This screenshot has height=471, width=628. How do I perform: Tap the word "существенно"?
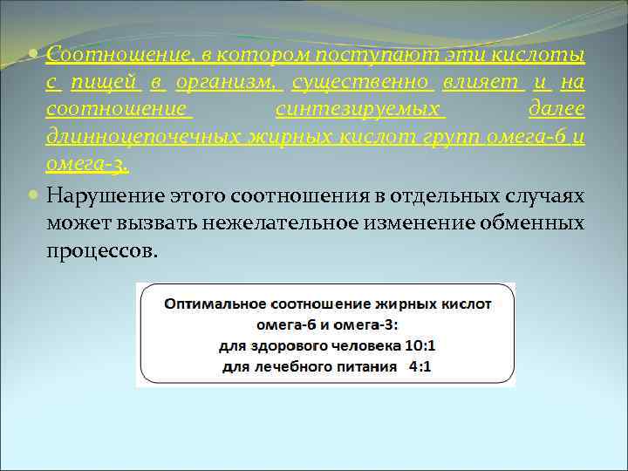(362, 84)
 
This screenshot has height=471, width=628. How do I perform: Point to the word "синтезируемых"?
(359, 111)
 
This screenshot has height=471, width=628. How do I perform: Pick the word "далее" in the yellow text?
(556, 111)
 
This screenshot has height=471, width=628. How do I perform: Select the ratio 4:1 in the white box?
(420, 366)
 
